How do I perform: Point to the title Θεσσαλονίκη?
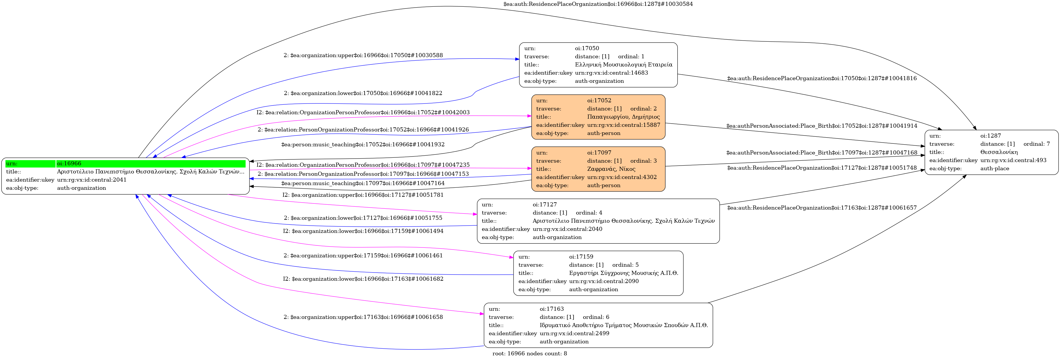click(x=999, y=152)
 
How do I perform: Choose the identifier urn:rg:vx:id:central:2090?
click(x=604, y=281)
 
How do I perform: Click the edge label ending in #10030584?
click(x=598, y=4)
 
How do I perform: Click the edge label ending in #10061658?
click(x=363, y=317)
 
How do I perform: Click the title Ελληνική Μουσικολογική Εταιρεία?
click(x=623, y=65)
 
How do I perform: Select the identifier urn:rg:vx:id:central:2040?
click(x=567, y=229)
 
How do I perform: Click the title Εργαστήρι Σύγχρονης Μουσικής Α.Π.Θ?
click(x=623, y=273)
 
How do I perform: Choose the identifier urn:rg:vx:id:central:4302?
click(x=622, y=177)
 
